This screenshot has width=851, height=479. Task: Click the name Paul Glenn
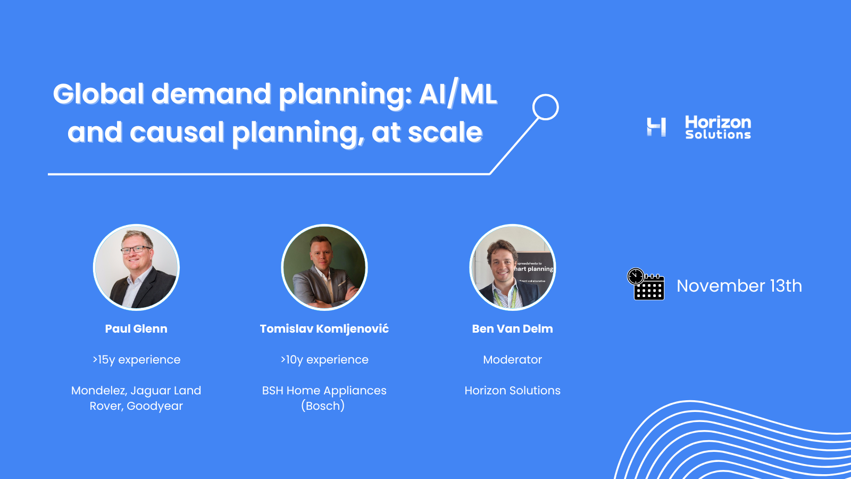point(136,329)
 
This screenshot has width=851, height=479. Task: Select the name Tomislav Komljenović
point(324,329)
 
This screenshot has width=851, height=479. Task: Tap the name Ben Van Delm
point(512,329)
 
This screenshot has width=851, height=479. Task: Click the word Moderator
point(512,360)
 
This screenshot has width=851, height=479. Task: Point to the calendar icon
point(646,284)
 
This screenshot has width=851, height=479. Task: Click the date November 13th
point(739,286)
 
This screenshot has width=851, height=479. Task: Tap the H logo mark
point(656,127)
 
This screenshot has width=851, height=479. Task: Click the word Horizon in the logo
point(717,122)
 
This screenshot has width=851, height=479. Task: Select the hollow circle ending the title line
point(545,95)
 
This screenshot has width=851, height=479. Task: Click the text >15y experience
point(136,360)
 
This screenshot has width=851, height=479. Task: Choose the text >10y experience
point(324,360)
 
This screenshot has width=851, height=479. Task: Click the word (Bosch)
point(323,406)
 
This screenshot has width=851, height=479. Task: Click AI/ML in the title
point(458,94)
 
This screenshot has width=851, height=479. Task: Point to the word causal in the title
point(177,133)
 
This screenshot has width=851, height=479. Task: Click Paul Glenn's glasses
point(136,250)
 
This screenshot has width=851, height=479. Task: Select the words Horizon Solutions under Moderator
point(512,391)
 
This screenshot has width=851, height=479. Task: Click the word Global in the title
point(98,94)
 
